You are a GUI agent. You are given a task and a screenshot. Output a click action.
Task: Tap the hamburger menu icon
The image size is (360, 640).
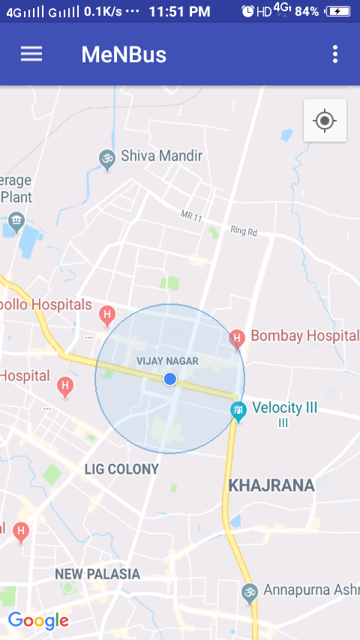pos(31,54)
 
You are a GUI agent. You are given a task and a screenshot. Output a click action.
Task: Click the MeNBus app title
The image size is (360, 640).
pos(124,55)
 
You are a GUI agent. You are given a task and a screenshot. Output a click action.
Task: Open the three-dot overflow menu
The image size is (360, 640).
pos(334,54)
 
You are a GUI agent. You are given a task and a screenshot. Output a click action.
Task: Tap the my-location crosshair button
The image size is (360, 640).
pos(325,120)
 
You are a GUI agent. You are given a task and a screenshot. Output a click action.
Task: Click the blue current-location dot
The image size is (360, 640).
pos(170,379)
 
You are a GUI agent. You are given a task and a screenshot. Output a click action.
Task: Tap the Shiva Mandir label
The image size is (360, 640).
pos(162,157)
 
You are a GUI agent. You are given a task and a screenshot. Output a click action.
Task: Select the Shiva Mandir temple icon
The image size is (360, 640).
pos(107,157)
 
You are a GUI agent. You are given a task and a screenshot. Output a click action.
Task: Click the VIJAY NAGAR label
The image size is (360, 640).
pos(167,361)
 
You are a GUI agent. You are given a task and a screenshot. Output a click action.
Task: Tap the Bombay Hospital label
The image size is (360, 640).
pos(304,335)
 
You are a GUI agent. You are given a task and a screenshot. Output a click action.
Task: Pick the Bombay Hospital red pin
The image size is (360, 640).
pos(237,339)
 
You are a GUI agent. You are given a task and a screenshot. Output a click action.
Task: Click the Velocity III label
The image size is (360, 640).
pos(285,408)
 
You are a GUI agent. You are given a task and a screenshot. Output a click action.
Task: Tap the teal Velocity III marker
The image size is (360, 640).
pos(237,411)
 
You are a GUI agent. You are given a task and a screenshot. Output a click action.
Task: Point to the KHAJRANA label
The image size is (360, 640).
pos(271,485)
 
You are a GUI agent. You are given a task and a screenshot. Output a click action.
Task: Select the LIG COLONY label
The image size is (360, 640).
pos(121,469)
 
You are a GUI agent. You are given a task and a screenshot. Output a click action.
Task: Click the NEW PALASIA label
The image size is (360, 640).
pos(97,574)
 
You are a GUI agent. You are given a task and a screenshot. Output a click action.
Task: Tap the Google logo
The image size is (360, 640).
pos(38,621)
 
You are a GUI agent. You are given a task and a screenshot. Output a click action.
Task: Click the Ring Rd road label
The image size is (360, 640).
pos(244,231)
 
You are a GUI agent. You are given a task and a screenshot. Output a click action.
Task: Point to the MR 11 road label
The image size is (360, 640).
pos(192,215)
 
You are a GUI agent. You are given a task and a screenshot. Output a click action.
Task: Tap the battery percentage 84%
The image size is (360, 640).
pos(307,11)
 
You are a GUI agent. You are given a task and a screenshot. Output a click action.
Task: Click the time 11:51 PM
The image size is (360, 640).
pos(179,11)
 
